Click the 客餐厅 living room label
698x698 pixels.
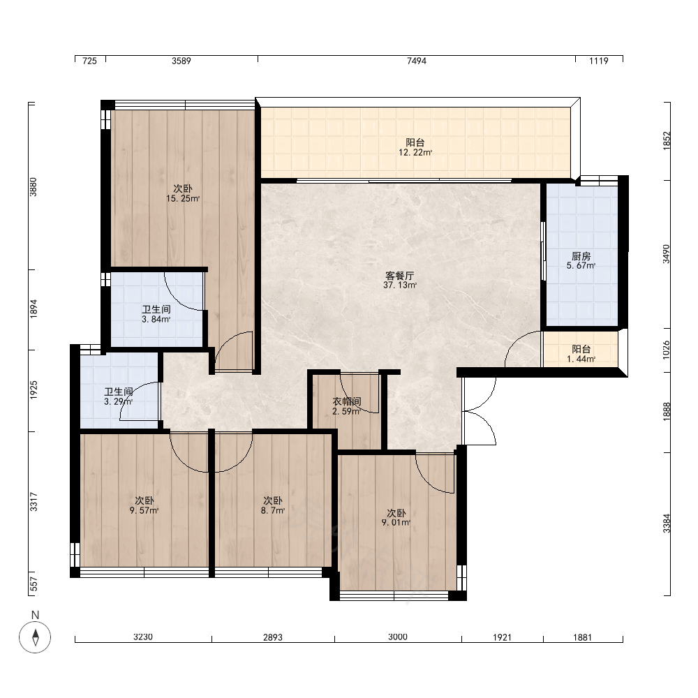tap(400, 276)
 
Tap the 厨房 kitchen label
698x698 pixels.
tap(581, 256)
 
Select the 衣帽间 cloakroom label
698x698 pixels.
tap(347, 401)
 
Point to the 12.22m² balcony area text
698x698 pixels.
tap(415, 153)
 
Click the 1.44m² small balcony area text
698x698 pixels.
tap(581, 359)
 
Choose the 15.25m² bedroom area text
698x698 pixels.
tap(183, 198)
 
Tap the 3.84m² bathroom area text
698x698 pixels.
tap(156, 319)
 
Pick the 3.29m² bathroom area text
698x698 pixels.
tap(119, 401)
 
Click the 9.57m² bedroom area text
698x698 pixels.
tap(144, 511)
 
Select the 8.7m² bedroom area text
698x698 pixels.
tap(273, 511)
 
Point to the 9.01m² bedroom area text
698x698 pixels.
tap(396, 523)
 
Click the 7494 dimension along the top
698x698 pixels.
tap(417, 61)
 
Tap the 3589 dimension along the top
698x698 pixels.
tap(181, 61)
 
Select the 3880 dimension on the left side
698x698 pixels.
tap(34, 187)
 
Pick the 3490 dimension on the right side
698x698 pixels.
tap(667, 254)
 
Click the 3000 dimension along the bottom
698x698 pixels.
tap(398, 637)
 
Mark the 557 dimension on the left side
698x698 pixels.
tap(34, 584)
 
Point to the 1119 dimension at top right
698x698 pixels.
tap(599, 61)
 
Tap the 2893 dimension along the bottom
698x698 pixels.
tap(273, 637)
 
